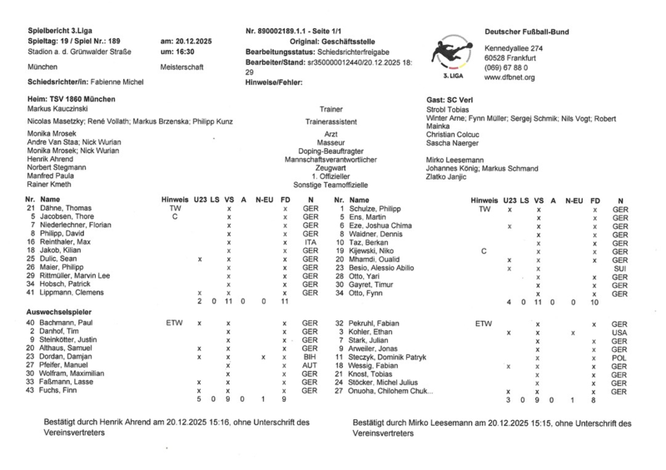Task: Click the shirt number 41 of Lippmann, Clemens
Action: pos(30,292)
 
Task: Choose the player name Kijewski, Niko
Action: pos(370,250)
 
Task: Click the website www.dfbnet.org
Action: pos(509,77)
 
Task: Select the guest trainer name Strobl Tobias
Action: pos(448,109)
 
